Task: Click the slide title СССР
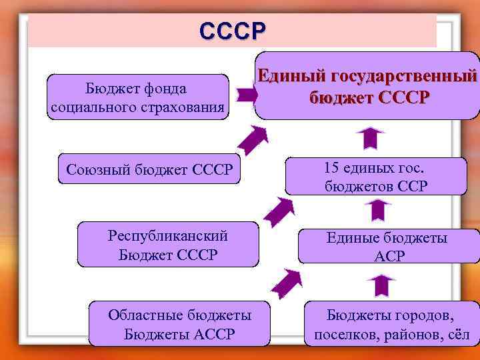[x=232, y=31]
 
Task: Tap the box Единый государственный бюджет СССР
[x=369, y=86]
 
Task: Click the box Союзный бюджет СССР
[x=149, y=171]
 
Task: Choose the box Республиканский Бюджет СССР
[x=167, y=245]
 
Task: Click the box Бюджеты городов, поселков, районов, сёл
[x=391, y=324]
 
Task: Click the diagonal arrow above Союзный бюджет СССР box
[x=253, y=140]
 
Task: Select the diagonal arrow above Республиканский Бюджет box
[x=278, y=212]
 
